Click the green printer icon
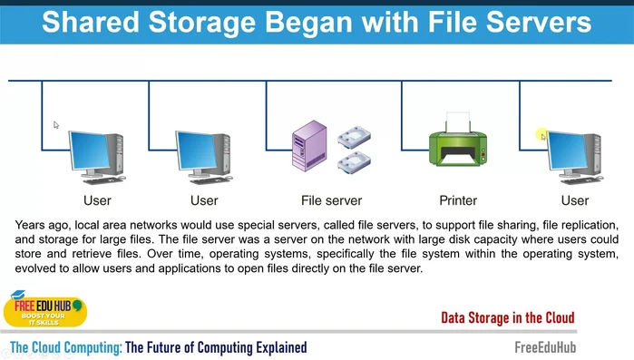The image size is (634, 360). click(457, 150)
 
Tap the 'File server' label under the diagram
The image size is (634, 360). click(331, 200)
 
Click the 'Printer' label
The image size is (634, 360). click(458, 200)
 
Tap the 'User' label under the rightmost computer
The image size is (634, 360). click(574, 200)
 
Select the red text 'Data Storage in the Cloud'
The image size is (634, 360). click(507, 317)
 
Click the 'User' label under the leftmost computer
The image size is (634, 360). click(97, 200)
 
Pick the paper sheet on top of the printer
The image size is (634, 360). click(459, 122)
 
